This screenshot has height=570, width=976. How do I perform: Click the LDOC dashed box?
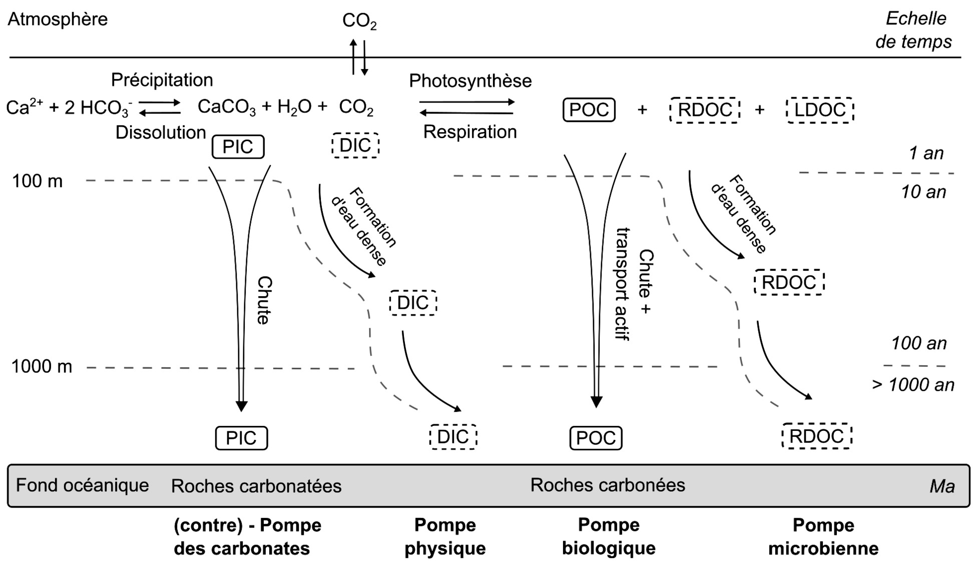coord(820,110)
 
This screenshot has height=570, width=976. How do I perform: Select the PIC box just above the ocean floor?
coord(241,438)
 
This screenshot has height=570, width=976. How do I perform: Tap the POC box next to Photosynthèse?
coord(589,110)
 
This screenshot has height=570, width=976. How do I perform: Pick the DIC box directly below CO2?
coord(355,146)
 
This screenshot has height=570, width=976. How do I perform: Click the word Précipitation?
coord(162,80)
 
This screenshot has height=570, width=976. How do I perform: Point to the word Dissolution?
coord(161,133)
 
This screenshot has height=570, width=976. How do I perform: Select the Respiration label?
coord(470,132)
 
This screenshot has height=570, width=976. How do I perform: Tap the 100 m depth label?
coord(38,181)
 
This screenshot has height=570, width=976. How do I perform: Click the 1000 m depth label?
coord(42,367)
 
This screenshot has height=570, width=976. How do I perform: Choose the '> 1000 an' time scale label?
coord(913,385)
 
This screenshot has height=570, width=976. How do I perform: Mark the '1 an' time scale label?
coord(926,153)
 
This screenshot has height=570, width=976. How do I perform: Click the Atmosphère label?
coord(58,20)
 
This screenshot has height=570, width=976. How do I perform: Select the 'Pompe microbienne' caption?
coord(823,536)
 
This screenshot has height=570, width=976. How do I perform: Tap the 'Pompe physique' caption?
coord(445,536)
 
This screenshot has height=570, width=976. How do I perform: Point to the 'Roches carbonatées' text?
coord(256,486)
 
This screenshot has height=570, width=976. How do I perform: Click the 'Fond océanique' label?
coord(83,485)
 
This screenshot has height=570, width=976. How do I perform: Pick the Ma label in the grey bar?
coord(942,486)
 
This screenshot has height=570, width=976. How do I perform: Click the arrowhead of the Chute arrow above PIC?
coord(242,406)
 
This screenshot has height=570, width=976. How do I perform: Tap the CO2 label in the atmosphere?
coord(359,21)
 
